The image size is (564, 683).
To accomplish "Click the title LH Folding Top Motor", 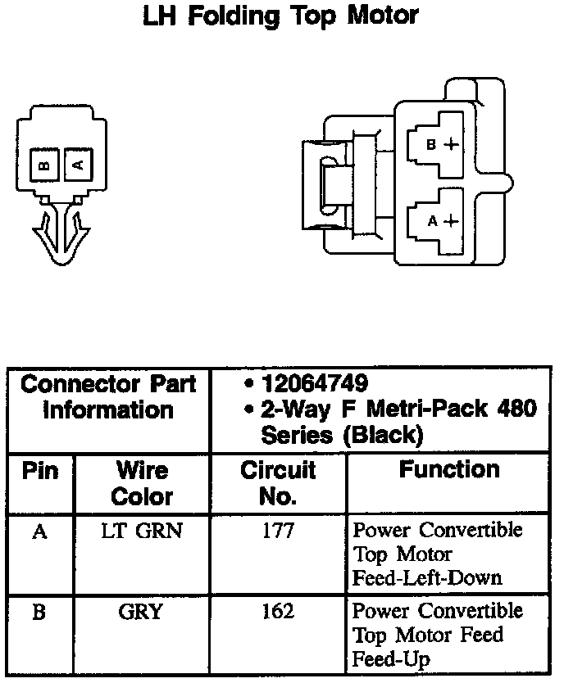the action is (280, 16).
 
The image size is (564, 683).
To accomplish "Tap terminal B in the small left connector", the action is (45, 165).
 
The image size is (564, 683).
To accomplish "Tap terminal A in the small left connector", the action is (78, 165).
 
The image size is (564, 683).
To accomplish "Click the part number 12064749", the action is (315, 383).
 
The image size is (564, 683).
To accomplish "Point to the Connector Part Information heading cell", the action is (108, 396).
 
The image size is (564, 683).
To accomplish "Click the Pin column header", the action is (39, 472).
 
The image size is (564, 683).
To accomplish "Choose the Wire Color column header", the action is (142, 483).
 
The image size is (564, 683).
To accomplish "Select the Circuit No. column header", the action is (278, 483).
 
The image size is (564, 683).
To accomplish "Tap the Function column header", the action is (450, 470).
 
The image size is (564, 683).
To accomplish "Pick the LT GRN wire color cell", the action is (142, 531).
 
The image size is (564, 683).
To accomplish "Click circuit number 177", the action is (278, 531).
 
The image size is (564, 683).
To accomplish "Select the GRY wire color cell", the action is (142, 612).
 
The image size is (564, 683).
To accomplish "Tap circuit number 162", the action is (278, 612).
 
